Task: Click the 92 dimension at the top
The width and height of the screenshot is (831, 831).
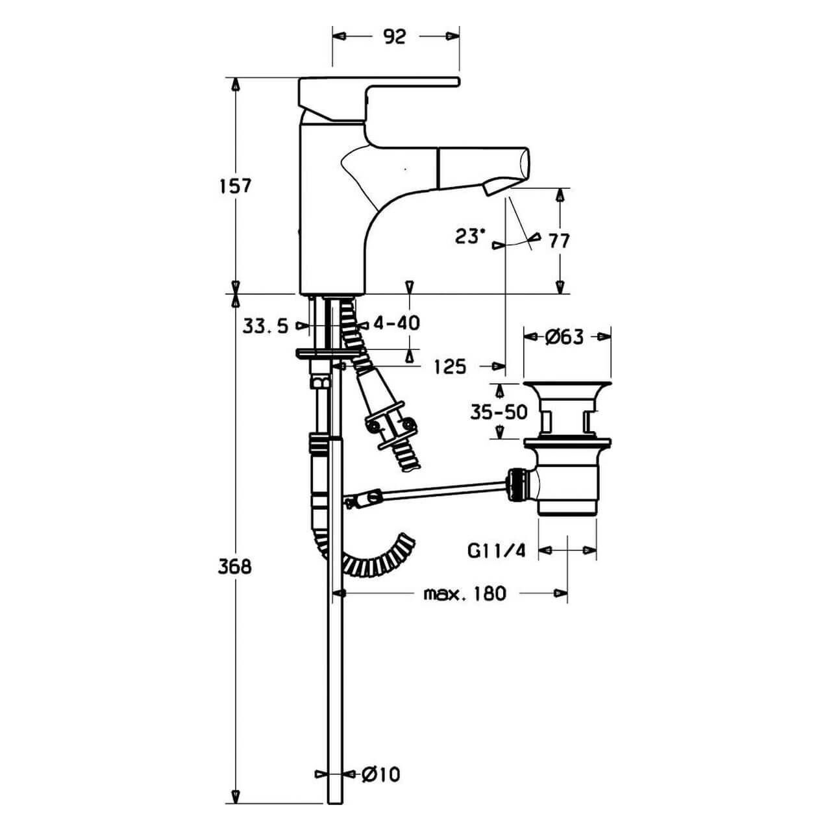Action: pos(394,36)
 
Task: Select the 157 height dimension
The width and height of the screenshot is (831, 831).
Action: pos(235,186)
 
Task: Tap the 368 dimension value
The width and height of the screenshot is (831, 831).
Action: pos(235,566)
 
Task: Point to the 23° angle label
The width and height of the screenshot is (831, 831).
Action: pos(470,236)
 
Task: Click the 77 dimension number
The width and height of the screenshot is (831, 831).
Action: pos(559,241)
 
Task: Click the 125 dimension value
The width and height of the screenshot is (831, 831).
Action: pos(451,367)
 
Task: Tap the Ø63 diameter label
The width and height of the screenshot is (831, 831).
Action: pos(565,337)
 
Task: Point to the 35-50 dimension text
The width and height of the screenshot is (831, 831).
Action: pos(499,412)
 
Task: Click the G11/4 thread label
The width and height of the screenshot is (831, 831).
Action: pos(495,551)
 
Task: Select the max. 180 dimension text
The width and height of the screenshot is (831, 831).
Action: pos(464,593)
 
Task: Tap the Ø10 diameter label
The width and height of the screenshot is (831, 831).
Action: pos(381,774)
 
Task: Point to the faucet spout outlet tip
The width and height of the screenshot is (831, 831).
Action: pos(493,186)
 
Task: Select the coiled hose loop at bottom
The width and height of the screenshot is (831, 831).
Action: pos(377,558)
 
